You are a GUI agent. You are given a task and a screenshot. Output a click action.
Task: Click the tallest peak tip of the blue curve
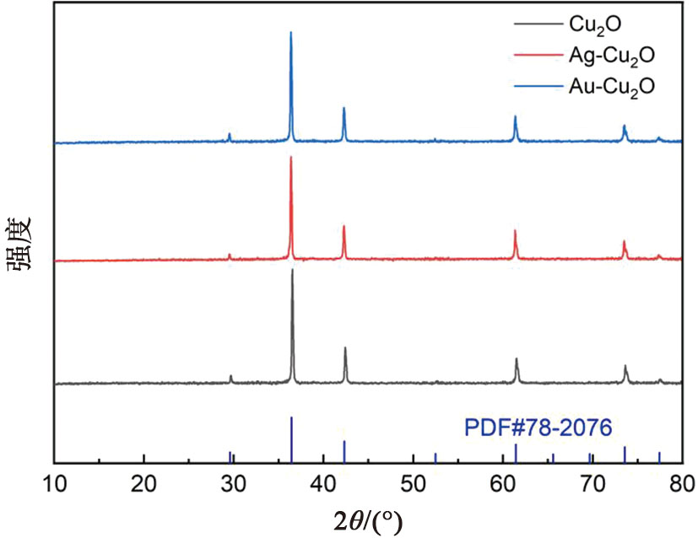pos(291,32)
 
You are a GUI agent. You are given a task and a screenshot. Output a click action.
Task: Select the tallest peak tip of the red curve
pos(291,157)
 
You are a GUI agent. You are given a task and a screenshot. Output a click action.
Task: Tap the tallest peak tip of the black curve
pos(292,270)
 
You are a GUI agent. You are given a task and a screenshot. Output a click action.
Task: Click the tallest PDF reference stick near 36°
pos(291,417)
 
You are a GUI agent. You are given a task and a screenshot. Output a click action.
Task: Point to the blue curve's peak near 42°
pos(344,108)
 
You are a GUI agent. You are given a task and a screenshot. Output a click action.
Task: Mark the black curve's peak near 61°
pos(517,358)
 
